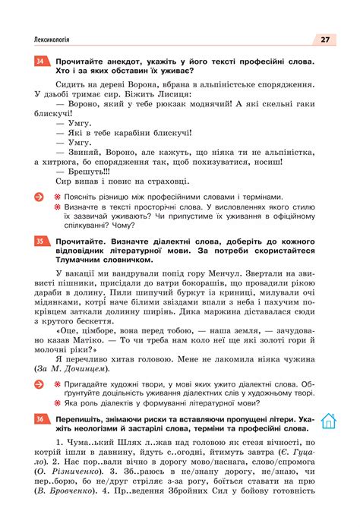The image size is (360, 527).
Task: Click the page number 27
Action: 324,39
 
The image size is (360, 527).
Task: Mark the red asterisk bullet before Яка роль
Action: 56,403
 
